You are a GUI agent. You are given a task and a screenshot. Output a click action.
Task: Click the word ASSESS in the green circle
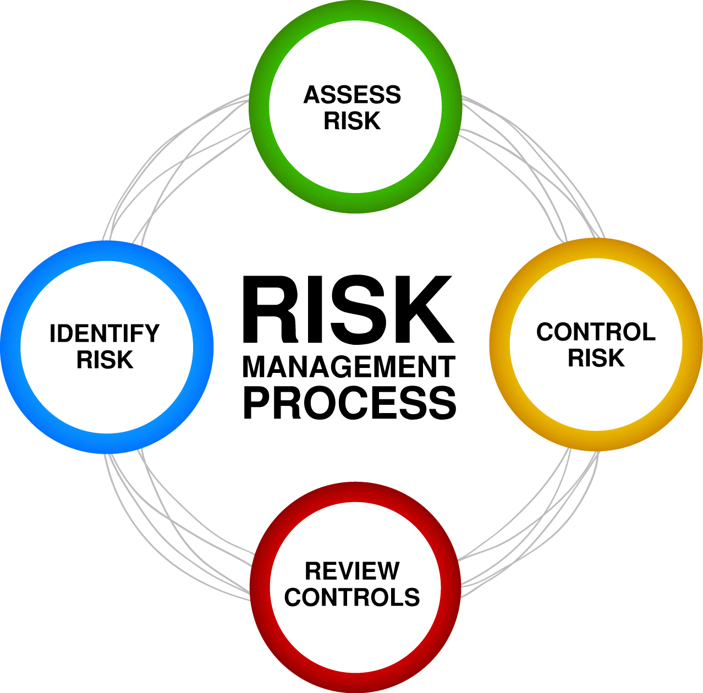(352, 95)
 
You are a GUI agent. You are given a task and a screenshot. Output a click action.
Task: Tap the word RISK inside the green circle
(352, 121)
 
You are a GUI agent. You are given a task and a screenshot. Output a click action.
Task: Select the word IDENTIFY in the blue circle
(105, 333)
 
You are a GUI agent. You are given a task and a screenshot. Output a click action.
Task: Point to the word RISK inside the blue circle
(105, 360)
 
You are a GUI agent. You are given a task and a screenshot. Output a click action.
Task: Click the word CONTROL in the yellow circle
(596, 332)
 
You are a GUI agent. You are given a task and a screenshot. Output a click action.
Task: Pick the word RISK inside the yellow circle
(596, 358)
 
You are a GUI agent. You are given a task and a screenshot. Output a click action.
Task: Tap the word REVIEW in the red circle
(352, 571)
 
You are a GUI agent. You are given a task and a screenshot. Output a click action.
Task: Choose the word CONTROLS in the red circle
(352, 597)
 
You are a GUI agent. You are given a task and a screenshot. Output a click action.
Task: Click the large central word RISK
(348, 310)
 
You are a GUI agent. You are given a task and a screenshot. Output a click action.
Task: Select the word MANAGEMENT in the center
(349, 367)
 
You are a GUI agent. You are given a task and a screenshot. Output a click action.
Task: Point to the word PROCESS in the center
(349, 403)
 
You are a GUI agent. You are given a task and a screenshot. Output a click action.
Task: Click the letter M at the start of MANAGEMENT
(255, 367)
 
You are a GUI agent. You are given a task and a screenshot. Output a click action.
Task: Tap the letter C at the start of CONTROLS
(293, 597)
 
